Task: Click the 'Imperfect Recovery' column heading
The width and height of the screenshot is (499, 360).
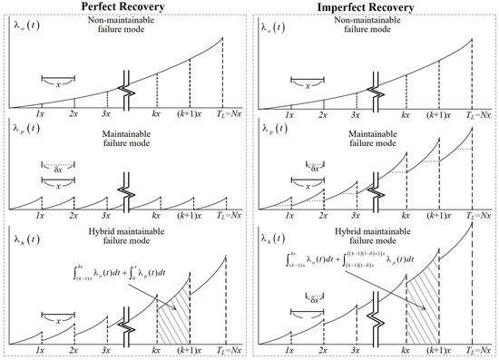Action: (x=377, y=8)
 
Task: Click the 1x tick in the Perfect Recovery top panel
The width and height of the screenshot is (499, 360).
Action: (x=41, y=113)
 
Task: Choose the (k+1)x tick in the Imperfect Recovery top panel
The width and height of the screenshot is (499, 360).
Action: (x=438, y=113)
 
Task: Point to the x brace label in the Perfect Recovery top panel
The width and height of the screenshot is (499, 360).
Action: (x=57, y=84)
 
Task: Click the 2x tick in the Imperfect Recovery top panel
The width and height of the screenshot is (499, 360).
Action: (x=323, y=113)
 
